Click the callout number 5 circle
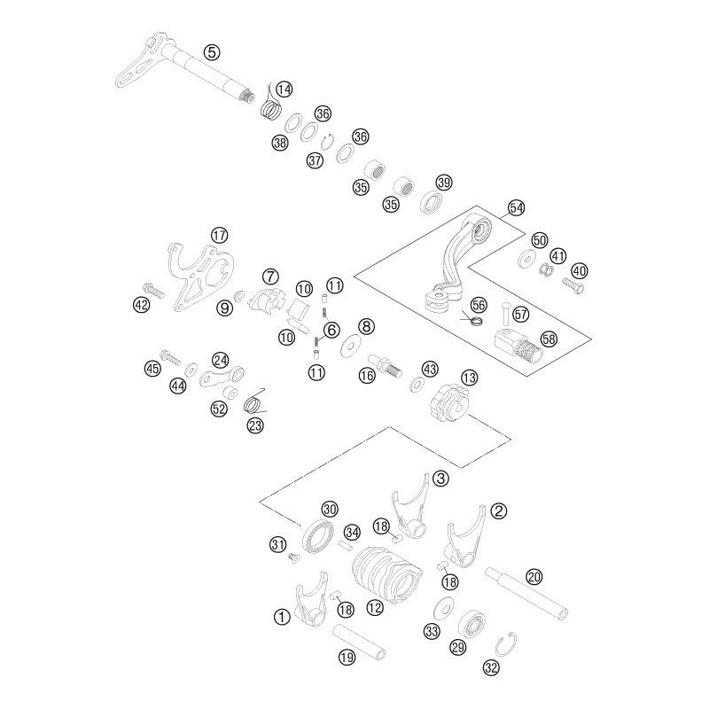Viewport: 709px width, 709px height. pyautogui.click(x=211, y=51)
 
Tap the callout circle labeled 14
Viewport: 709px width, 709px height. pyautogui.click(x=284, y=89)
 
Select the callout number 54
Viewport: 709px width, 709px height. pyautogui.click(x=517, y=208)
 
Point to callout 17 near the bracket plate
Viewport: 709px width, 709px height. pyautogui.click(x=220, y=235)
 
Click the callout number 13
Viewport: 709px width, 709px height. pyautogui.click(x=469, y=378)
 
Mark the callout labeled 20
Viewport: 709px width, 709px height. pyautogui.click(x=534, y=576)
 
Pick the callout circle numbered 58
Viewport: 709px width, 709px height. pyautogui.click(x=549, y=339)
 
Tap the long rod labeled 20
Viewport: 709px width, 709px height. pyautogui.click(x=527, y=595)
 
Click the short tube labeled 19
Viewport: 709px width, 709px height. pyautogui.click(x=362, y=643)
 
